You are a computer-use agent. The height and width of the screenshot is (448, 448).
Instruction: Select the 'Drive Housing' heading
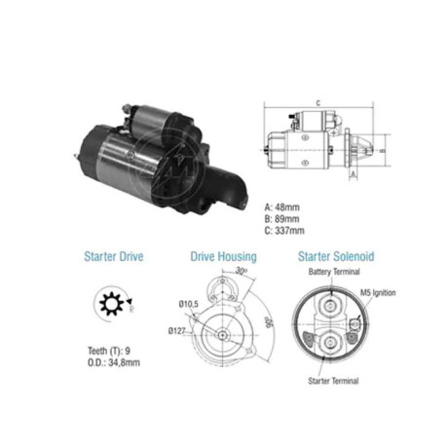[223, 256]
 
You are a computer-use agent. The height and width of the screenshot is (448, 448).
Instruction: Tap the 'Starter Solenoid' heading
[336, 256]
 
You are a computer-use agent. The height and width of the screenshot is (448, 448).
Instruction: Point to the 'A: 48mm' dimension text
[282, 205]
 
